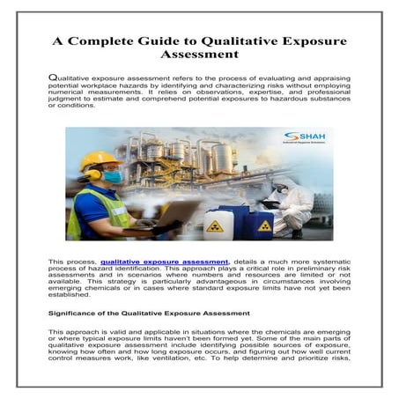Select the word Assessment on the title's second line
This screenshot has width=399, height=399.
200,59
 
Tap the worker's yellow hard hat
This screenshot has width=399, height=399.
100,160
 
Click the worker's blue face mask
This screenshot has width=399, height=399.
112,177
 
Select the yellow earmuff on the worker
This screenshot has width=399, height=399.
92,174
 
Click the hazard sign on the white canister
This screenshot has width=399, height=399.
215,225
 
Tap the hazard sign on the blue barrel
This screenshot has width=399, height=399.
264,226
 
